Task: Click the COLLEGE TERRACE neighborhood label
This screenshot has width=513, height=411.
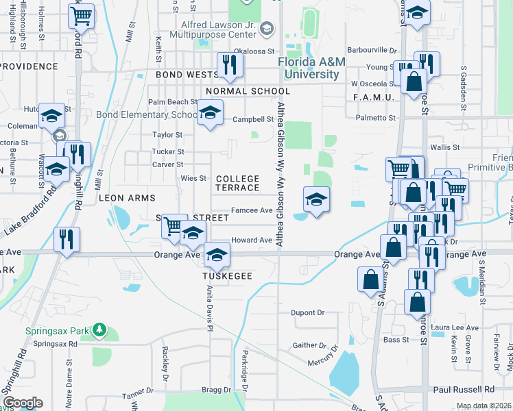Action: (x=237, y=183)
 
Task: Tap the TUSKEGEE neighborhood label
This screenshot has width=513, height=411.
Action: (x=227, y=276)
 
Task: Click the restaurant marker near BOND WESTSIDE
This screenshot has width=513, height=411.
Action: (x=228, y=65)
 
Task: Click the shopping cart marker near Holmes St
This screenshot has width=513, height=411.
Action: (x=82, y=15)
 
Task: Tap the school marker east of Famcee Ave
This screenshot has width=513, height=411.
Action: (x=315, y=199)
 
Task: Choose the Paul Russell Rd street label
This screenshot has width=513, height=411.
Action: (x=464, y=389)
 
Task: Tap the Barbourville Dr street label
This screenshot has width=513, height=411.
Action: (x=373, y=50)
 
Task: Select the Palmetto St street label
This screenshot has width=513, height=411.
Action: (x=376, y=118)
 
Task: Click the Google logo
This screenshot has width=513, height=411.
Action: (x=23, y=402)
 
